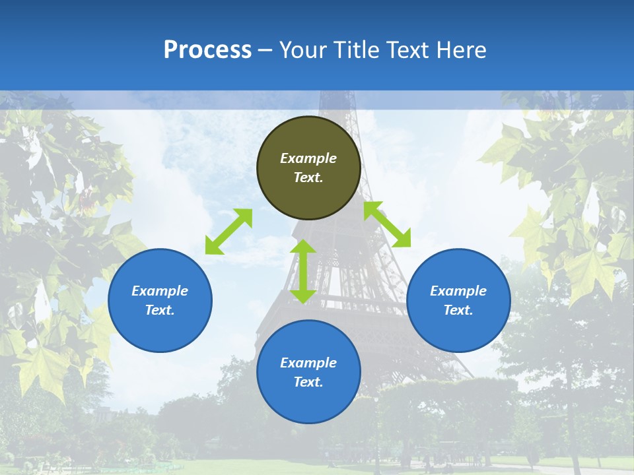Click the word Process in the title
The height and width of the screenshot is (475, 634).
coord(207,50)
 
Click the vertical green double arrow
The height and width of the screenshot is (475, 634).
coord(303,271)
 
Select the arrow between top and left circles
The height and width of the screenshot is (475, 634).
coord(229,232)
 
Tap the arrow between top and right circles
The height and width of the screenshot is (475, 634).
coord(387,224)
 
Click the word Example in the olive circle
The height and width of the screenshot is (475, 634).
coord(308,158)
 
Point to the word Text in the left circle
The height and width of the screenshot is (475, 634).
coord(160,310)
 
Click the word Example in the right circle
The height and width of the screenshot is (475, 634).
coord(458,291)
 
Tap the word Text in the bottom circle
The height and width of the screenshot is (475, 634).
coord(308,382)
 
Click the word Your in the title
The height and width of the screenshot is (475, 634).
coord(302,50)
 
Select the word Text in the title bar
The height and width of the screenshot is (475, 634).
coord(409,50)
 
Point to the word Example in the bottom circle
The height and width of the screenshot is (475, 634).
coord(308,363)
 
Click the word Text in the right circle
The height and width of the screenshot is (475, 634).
coord(458,310)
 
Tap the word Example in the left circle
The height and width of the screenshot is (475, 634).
coord(160,291)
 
